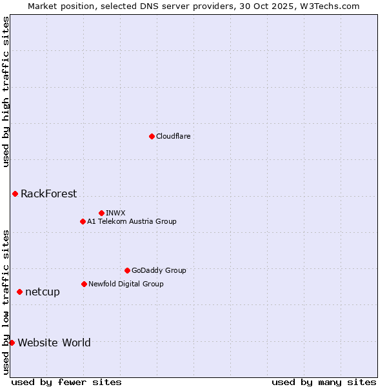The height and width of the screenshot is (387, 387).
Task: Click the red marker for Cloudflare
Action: (152, 136)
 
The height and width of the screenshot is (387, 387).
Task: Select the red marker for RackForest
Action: (15, 193)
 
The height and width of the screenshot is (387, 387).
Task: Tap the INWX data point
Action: (101, 213)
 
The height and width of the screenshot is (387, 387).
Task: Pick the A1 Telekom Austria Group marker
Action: (83, 221)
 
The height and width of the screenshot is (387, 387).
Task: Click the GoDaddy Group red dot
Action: (127, 270)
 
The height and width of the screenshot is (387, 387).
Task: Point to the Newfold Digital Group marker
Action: (84, 284)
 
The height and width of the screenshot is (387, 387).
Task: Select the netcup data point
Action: (19, 292)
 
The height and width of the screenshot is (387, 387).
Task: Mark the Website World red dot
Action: (12, 342)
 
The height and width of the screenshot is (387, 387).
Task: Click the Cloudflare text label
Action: (174, 136)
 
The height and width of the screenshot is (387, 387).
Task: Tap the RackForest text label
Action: (48, 193)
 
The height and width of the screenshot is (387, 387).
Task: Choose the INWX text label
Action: (115, 213)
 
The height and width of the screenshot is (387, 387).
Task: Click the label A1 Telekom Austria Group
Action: (132, 221)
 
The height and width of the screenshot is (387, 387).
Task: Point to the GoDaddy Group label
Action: (159, 270)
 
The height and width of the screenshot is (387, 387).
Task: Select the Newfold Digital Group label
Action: (126, 284)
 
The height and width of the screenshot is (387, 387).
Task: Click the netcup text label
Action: (43, 292)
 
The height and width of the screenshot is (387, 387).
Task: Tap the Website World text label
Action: (54, 342)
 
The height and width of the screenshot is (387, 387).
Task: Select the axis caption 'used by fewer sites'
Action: (66, 382)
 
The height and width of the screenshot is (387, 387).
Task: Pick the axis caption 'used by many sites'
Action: (324, 382)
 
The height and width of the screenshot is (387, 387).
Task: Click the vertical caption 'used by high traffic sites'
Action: (6, 92)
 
